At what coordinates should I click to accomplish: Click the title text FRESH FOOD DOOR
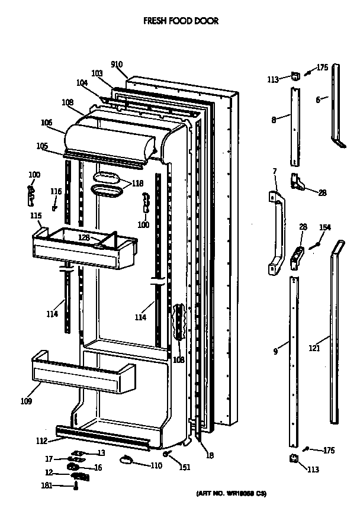[x=181, y=21]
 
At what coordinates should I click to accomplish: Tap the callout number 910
[x=117, y=65]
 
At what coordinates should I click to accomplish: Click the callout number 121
[x=314, y=348]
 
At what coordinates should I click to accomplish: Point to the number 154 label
[x=325, y=227]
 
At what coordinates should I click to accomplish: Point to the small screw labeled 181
[x=76, y=486]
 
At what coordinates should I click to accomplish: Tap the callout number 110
[x=156, y=465]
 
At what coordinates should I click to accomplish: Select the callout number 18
[x=210, y=455]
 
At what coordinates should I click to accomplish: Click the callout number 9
[x=275, y=352]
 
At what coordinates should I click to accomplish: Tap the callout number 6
[x=318, y=100]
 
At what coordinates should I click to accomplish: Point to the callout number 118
[x=137, y=184]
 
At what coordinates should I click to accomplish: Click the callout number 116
[x=56, y=191]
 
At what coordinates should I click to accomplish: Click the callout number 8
[x=274, y=120]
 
